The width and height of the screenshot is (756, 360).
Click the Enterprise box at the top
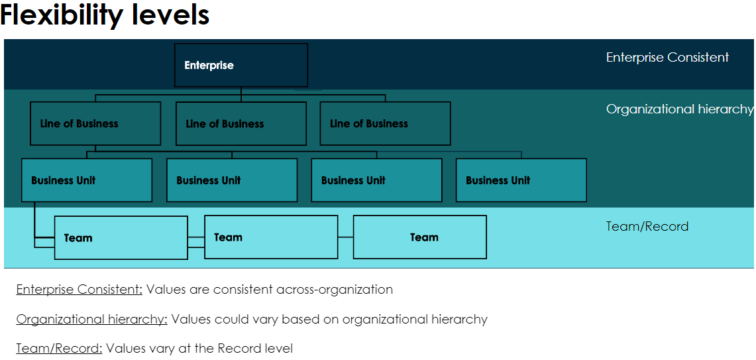pyautogui.click(x=241, y=65)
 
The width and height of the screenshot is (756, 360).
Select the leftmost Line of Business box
pyautogui.click(x=95, y=123)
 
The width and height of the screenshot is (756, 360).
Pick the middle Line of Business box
pyautogui.click(x=241, y=123)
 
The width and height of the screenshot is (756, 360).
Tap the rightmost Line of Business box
pyautogui.click(x=385, y=123)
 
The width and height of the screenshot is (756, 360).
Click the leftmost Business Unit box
pyautogui.click(x=87, y=180)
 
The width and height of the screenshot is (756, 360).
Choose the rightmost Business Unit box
pyautogui.click(x=521, y=180)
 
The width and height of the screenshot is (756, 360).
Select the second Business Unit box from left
pyautogui.click(x=232, y=180)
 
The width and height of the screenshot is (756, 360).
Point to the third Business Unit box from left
pyautogui.click(x=376, y=180)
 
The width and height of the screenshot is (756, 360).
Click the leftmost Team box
pyautogui.click(x=121, y=237)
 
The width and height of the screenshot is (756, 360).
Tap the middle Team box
pyautogui.click(x=271, y=237)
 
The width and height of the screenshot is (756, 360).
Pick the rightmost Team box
pyautogui.click(x=420, y=237)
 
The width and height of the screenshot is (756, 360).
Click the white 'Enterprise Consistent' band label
pyautogui.click(x=667, y=58)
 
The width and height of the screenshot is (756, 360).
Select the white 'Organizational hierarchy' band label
pyautogui.click(x=679, y=109)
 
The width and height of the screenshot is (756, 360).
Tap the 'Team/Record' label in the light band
pyautogui.click(x=647, y=226)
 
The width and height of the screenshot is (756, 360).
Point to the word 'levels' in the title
pyautogui.click(x=172, y=15)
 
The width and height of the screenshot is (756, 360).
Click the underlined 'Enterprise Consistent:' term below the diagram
pyautogui.click(x=80, y=290)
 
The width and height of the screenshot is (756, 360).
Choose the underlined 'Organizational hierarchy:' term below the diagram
pyautogui.click(x=91, y=319)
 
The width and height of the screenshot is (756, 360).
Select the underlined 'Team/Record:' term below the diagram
pyautogui.click(x=59, y=348)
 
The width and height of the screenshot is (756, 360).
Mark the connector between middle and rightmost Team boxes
pyautogui.click(x=345, y=237)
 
